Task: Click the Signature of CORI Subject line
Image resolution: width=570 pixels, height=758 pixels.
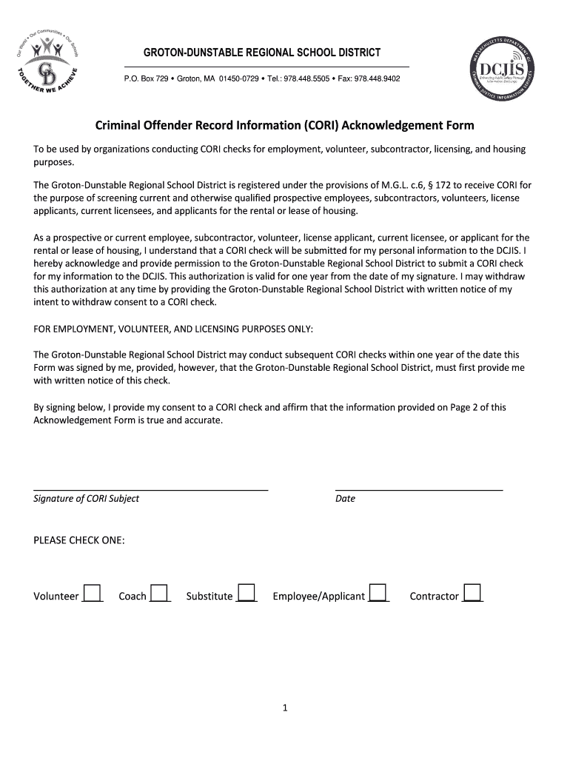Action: coord(151,485)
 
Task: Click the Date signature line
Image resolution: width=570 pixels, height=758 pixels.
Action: coord(419,485)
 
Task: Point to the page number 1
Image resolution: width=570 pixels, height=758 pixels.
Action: coord(284,708)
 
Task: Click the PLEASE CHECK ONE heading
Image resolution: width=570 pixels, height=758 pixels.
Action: coord(79,541)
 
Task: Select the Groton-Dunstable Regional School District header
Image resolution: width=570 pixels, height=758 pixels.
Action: coord(262,53)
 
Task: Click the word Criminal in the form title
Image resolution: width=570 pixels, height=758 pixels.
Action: coord(121,125)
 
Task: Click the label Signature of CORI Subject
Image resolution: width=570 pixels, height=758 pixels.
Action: coord(87,499)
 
